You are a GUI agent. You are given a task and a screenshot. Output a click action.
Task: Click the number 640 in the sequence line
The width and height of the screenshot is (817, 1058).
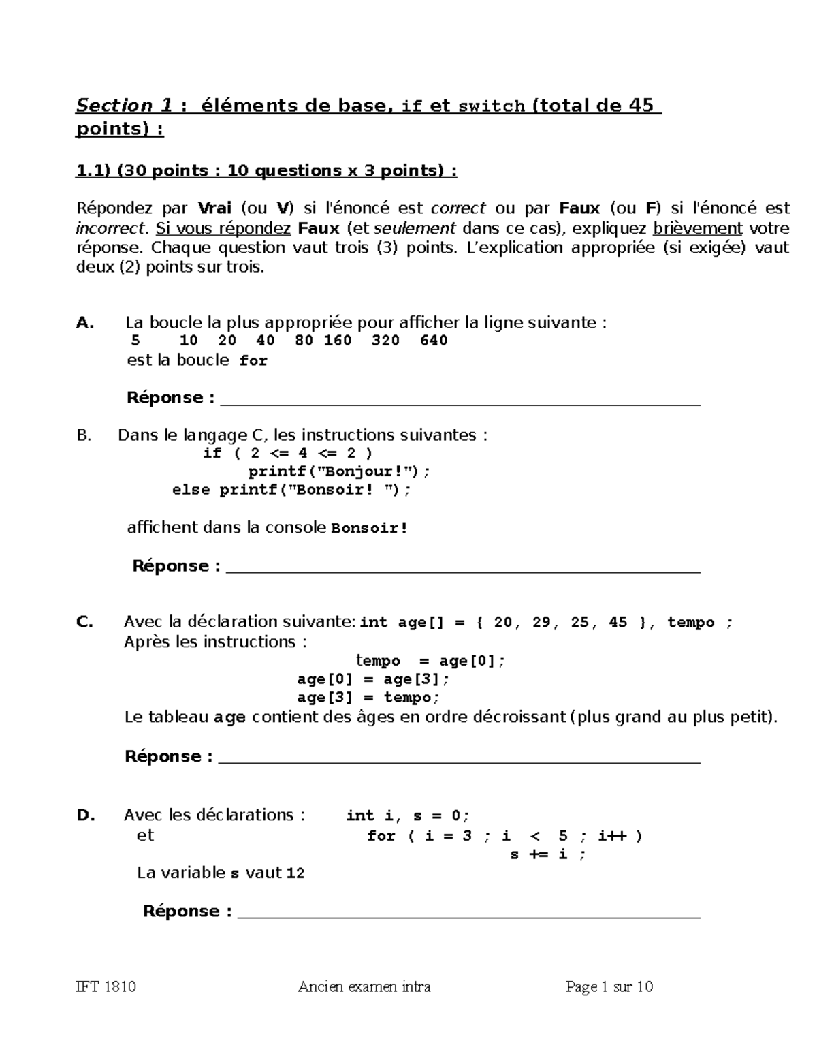(434, 341)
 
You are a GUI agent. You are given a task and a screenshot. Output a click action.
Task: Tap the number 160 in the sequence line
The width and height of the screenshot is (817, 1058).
(338, 341)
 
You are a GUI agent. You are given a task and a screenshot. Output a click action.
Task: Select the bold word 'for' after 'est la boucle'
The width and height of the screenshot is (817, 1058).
(253, 361)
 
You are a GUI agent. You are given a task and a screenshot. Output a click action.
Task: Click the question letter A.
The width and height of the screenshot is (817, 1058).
(84, 323)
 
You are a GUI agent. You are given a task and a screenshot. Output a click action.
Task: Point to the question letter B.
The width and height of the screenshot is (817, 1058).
(84, 435)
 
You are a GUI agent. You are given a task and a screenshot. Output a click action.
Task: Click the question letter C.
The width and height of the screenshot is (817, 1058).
(84, 622)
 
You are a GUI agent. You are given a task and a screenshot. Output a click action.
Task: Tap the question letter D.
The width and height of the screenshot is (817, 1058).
(85, 815)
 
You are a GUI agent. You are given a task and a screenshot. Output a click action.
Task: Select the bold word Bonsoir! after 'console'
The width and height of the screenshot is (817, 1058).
(369, 528)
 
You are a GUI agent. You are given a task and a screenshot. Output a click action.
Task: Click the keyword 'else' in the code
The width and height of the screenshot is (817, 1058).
(191, 490)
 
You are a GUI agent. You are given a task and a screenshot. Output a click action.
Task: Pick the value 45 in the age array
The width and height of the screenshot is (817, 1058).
(618, 623)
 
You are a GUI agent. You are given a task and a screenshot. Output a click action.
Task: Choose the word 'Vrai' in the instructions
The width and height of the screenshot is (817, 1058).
(214, 208)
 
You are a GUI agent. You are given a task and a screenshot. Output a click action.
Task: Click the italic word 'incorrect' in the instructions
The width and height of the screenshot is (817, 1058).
(110, 228)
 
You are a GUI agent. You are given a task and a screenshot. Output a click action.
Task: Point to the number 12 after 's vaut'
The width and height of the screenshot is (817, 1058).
(295, 873)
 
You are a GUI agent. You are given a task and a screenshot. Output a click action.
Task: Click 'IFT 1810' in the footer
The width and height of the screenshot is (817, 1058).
(106, 986)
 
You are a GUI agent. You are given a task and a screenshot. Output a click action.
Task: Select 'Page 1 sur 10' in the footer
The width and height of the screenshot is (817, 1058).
(609, 986)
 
